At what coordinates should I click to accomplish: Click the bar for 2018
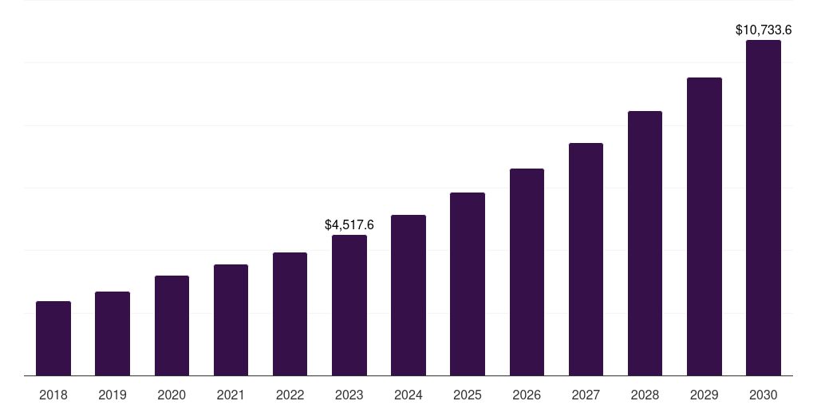pos(53,338)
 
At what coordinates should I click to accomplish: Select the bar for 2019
pos(112,333)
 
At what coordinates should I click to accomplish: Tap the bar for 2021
pos(231,320)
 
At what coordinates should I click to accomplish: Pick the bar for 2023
pos(349,305)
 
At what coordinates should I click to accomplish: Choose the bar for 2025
pos(468,284)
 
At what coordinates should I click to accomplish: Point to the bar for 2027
pos(586,259)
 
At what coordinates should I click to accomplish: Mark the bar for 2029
pos(705,226)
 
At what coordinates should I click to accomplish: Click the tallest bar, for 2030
pos(764,208)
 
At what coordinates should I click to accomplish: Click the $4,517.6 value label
pos(349,225)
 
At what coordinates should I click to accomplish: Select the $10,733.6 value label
pos(764,30)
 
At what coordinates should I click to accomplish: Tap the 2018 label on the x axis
pos(53,395)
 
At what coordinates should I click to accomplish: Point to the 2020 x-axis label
pos(172,395)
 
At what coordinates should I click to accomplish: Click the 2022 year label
pos(290,395)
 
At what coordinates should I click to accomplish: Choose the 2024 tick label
pos(408,395)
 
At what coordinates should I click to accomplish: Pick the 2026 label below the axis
pos(527,395)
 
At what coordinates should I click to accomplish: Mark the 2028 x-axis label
pos(645,395)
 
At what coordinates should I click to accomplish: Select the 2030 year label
pos(764,395)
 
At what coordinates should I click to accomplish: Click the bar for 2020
pos(172,325)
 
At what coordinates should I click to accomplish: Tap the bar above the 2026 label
pos(527,272)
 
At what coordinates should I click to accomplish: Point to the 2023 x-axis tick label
pos(349,395)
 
